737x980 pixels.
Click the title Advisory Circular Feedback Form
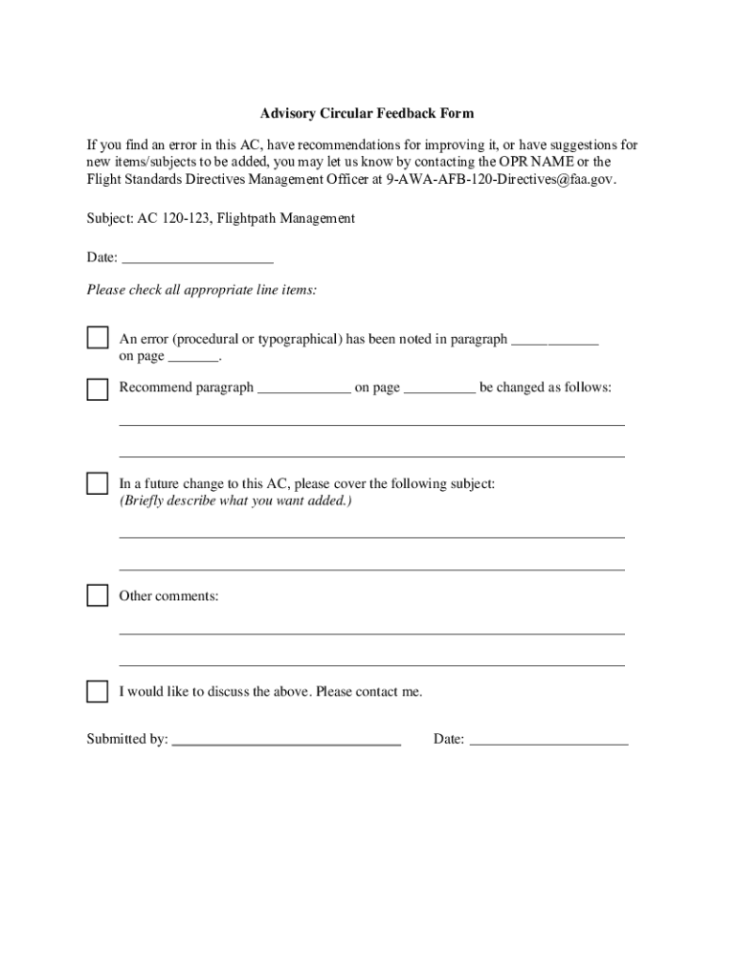[x=368, y=114]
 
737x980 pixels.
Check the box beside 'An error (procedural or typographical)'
[x=98, y=338]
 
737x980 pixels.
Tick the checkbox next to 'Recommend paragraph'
[x=98, y=390]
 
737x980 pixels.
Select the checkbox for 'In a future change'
[x=98, y=483]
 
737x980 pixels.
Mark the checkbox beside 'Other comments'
[x=98, y=595]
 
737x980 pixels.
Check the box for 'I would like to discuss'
[x=98, y=691]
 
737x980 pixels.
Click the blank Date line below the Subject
[x=198, y=259]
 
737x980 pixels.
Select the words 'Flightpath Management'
[x=285, y=219]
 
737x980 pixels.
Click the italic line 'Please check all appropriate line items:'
[x=202, y=290]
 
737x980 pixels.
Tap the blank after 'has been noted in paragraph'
[x=555, y=342]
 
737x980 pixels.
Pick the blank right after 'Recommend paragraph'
[x=304, y=390]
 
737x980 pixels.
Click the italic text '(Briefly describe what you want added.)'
[x=235, y=501]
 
